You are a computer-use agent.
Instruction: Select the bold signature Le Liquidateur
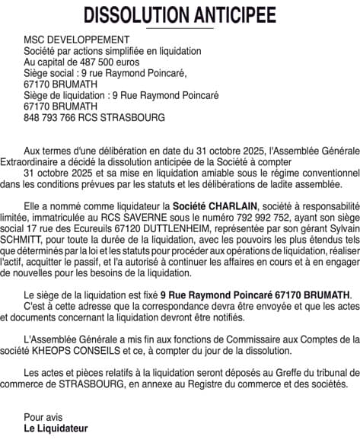click(x=56, y=428)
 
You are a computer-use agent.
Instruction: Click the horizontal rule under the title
click(x=180, y=27)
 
